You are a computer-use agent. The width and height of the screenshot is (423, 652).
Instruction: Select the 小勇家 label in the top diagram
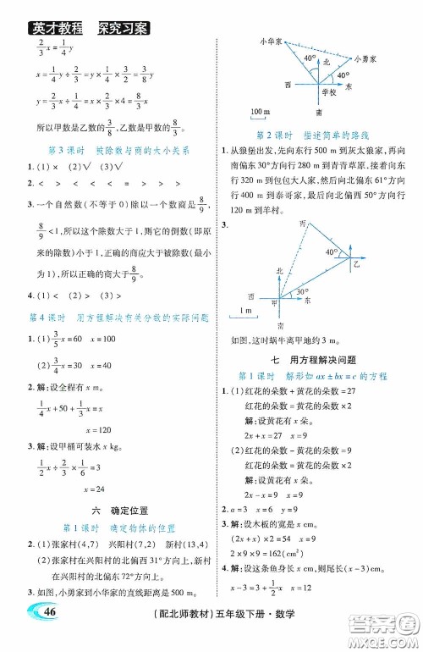point(367,58)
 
